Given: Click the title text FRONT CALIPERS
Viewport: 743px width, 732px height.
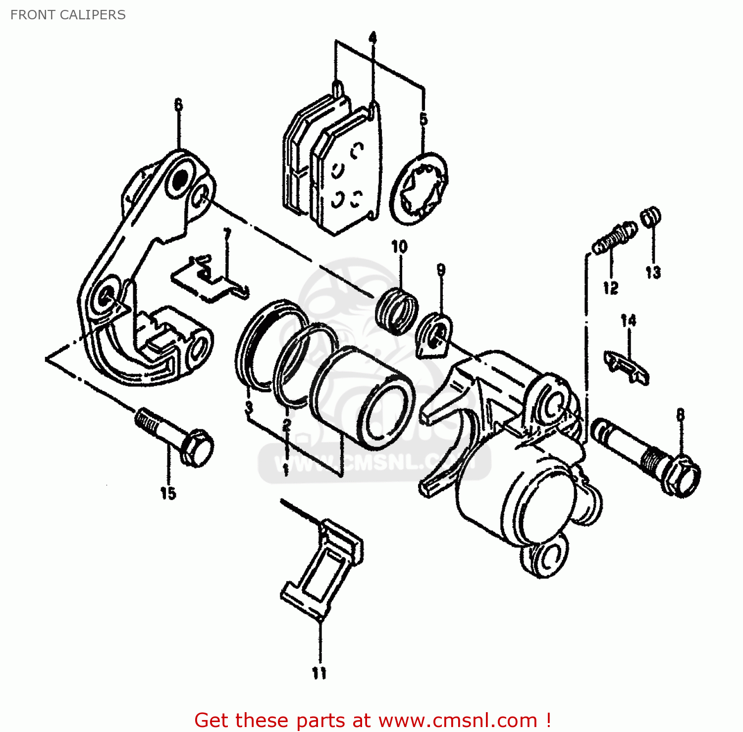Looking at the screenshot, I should tap(68, 15).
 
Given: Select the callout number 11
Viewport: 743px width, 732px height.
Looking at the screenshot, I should tap(319, 673).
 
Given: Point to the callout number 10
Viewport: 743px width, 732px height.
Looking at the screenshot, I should tap(399, 246).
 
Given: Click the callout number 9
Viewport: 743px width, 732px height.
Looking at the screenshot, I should tap(441, 270).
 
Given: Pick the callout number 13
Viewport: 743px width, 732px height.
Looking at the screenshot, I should tap(653, 272).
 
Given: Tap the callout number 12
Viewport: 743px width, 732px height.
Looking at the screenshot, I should tap(611, 288).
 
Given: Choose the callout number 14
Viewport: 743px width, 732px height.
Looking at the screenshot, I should tap(628, 321).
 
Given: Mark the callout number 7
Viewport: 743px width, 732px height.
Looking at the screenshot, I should tap(227, 234).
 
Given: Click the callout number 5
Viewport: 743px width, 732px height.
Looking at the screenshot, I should tap(424, 119).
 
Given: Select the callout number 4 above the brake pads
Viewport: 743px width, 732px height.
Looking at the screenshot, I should tap(372, 38).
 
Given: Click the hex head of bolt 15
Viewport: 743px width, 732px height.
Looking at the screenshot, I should tap(197, 448).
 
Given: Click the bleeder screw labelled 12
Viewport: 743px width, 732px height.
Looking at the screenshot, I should tap(615, 237).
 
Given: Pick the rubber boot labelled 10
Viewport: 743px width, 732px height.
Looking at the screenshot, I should tap(396, 310).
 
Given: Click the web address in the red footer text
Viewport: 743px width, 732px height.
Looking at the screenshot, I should tap(458, 720).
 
